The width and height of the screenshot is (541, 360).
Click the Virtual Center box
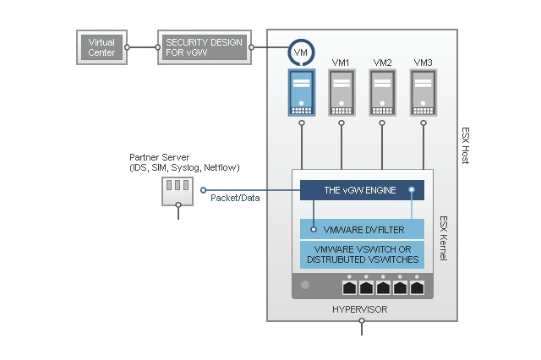[x=101, y=47]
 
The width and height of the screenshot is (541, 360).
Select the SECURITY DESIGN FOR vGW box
[x=204, y=47]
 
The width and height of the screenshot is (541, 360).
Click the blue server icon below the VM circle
[x=301, y=93]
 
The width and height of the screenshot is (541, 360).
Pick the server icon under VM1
[x=342, y=93]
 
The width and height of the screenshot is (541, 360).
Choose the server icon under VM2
[x=382, y=93]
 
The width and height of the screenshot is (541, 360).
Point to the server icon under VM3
[x=424, y=93]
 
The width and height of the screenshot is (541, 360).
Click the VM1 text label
[x=342, y=62]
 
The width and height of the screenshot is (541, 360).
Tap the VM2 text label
[x=382, y=62]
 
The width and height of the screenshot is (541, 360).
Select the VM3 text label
[x=424, y=62]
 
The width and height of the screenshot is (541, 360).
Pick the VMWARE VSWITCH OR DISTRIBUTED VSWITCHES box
[x=362, y=254]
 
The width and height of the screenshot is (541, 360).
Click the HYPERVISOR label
[x=361, y=310]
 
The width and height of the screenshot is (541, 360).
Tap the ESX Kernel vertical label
[x=443, y=237]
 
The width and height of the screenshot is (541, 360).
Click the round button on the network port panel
[x=305, y=286]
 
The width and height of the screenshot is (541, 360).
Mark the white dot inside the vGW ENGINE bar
[x=413, y=190]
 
